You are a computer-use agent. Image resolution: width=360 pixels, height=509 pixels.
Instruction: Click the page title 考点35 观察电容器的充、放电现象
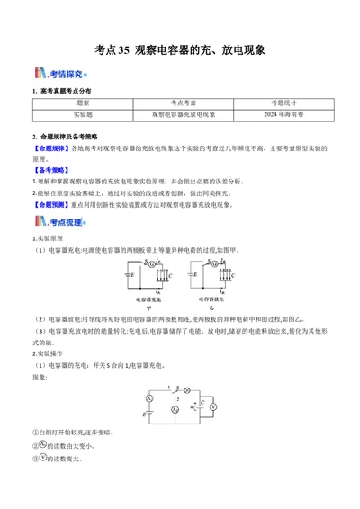(180, 51)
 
